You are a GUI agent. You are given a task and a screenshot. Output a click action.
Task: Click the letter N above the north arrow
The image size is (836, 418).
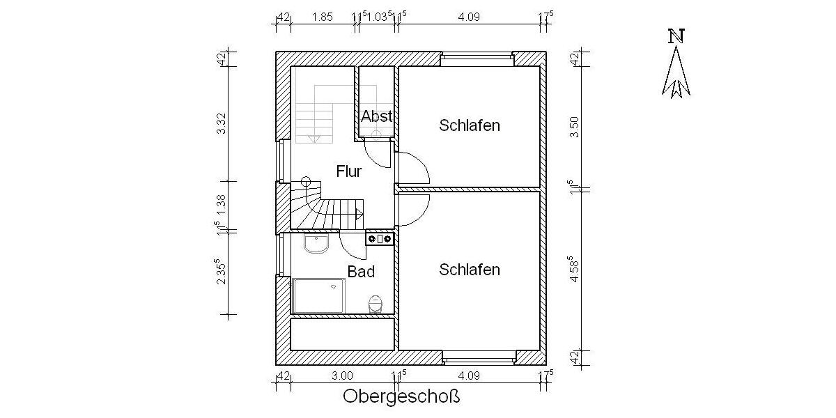pyautogui.click(x=674, y=36)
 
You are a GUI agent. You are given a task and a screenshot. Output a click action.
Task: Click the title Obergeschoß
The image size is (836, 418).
pyautogui.click(x=402, y=397)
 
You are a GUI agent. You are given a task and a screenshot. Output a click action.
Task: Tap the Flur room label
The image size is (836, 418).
pyautogui.click(x=348, y=171)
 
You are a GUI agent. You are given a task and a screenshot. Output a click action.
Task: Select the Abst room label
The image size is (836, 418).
pyautogui.click(x=376, y=116)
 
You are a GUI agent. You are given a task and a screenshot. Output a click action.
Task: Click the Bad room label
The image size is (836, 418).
pyautogui.click(x=361, y=272)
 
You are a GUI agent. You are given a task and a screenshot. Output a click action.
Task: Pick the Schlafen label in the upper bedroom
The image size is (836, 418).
pyautogui.click(x=470, y=125)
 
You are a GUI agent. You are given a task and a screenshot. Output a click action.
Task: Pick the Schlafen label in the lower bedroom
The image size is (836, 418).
pyautogui.click(x=470, y=270)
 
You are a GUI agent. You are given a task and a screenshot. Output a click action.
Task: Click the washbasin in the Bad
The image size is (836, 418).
pyautogui.click(x=317, y=245)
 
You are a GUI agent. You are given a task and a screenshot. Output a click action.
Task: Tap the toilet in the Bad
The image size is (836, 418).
pyautogui.click(x=376, y=304)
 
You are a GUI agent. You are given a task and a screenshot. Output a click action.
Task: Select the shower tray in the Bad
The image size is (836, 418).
pyautogui.click(x=319, y=296)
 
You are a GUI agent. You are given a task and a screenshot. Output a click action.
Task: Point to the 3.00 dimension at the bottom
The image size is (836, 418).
pyautogui.click(x=342, y=376)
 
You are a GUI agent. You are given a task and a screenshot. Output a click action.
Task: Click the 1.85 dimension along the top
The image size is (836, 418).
pyautogui.click(x=322, y=17)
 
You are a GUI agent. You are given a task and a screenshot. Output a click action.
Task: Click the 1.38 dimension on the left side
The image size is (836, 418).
pyautogui.click(x=221, y=203)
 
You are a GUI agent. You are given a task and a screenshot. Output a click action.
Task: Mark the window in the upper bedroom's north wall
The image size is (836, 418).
pyautogui.click(x=477, y=59)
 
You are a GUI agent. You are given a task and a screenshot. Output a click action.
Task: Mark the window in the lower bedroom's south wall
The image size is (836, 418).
pyautogui.click(x=479, y=358)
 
